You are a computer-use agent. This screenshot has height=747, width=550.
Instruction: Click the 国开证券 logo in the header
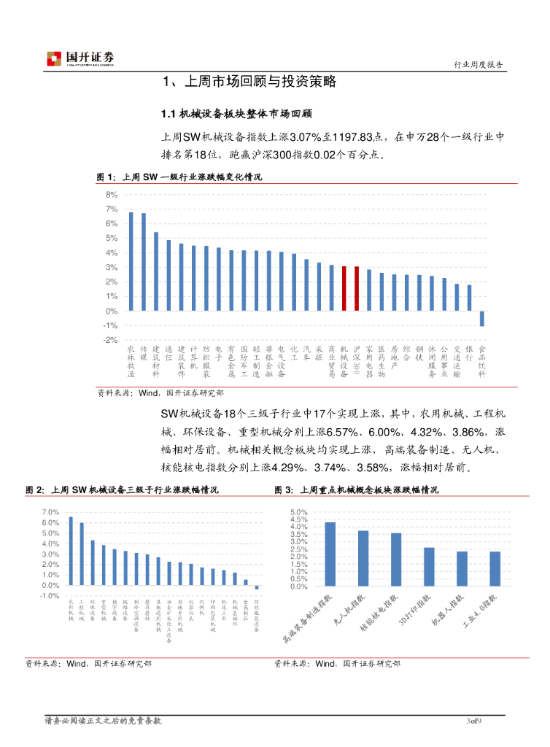pyautogui.click(x=80, y=59)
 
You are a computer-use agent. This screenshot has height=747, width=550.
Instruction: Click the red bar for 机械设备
pyautogui.click(x=344, y=288)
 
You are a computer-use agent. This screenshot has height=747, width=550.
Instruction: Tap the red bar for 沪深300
pyautogui.click(x=356, y=288)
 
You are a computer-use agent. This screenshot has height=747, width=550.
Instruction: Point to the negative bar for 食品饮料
pyautogui.click(x=481, y=318)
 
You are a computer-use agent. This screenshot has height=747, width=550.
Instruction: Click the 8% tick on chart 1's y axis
pyautogui.click(x=111, y=195)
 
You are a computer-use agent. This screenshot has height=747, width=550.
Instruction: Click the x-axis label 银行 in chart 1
pyautogui.click(x=469, y=353)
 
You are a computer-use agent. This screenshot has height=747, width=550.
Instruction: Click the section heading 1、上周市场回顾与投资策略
pyautogui.click(x=249, y=82)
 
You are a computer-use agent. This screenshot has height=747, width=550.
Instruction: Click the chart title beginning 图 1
pyautogui.click(x=179, y=177)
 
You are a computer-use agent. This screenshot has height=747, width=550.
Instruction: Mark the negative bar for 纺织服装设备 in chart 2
pyautogui.click(x=257, y=587)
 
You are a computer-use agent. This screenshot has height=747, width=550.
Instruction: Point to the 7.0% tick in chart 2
pyautogui.click(x=50, y=512)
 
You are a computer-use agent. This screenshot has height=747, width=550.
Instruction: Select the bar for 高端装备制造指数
pyautogui.click(x=330, y=554)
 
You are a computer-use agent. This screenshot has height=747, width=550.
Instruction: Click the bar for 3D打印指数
pyautogui.click(x=429, y=567)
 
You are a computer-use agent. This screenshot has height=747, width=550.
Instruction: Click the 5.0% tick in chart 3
pyautogui.click(x=300, y=512)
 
